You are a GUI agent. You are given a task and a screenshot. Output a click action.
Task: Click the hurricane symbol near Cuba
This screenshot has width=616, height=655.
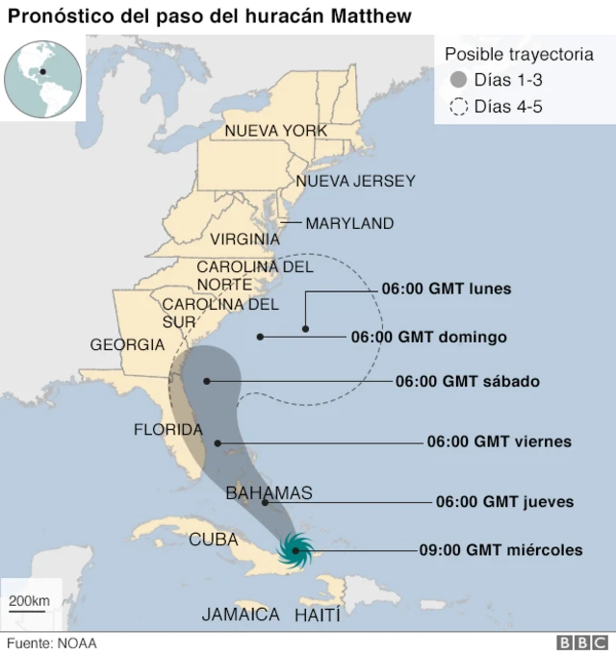point(295,550)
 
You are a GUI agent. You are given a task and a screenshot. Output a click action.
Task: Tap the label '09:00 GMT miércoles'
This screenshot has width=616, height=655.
point(500,550)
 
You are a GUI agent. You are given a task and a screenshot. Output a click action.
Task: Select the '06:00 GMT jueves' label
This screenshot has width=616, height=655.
point(504,501)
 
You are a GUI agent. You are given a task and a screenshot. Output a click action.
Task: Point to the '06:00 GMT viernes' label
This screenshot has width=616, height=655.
point(499,441)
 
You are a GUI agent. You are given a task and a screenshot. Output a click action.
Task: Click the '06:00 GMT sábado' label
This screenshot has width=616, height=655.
point(467,381)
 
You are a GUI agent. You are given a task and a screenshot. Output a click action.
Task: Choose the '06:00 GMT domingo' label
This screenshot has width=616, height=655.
point(428,337)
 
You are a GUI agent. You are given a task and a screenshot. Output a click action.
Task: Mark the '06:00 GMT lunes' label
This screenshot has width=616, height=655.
point(446,288)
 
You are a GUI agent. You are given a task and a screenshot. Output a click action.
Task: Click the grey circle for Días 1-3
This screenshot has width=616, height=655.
point(459,80)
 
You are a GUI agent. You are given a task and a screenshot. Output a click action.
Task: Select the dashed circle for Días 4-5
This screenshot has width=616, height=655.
point(459,107)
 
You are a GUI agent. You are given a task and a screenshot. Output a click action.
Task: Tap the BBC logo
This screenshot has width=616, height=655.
point(581,642)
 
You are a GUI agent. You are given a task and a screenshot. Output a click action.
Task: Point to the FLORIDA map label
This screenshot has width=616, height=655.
point(167,429)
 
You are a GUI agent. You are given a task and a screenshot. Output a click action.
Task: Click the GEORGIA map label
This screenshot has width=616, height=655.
point(127,344)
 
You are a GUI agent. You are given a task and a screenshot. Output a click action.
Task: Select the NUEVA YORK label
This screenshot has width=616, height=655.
point(275,131)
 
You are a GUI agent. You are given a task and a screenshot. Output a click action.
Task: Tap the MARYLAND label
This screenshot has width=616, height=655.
point(349,223)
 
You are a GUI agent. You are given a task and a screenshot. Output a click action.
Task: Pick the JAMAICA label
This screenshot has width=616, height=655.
point(241,614)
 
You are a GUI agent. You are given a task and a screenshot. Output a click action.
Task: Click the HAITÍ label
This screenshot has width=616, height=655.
point(318,614)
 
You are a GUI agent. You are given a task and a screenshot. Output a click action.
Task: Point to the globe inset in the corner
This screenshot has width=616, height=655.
point(42,77)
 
